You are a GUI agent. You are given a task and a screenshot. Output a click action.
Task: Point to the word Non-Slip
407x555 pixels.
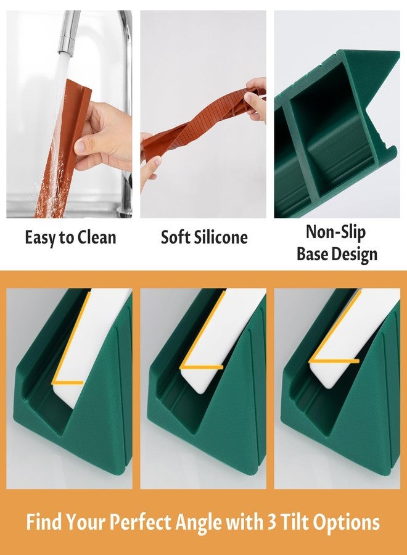(x=335, y=232)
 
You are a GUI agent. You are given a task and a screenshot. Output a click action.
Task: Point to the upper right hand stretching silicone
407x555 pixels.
(x=256, y=99)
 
